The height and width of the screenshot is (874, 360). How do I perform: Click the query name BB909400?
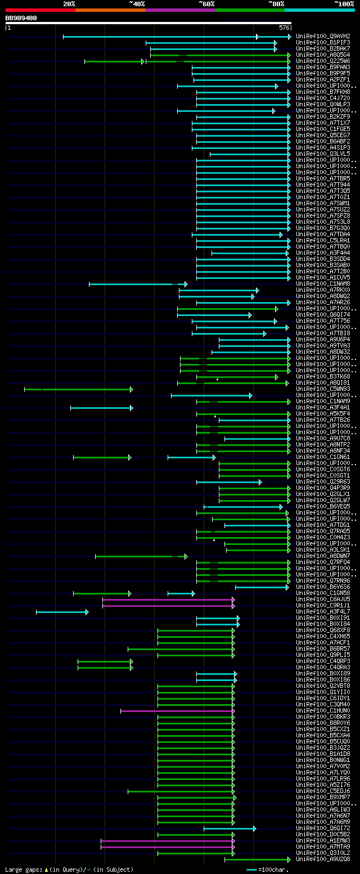pos(21,18)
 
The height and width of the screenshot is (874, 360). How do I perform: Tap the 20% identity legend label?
pos(69,4)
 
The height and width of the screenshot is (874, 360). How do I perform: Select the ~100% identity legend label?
pos(344,4)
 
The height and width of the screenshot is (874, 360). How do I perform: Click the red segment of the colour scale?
pos(40,10)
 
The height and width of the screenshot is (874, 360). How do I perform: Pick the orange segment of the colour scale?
pos(110,10)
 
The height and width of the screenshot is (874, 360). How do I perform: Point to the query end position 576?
pos(283,28)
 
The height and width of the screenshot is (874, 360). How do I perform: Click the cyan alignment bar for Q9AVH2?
pos(169,37)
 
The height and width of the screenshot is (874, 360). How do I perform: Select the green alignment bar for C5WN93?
pos(79,389)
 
